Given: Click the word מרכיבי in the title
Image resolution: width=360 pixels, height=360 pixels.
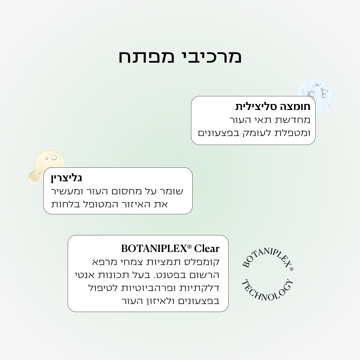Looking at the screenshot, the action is (208, 57).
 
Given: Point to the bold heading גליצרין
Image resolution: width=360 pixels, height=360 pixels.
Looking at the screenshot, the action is (66, 178).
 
